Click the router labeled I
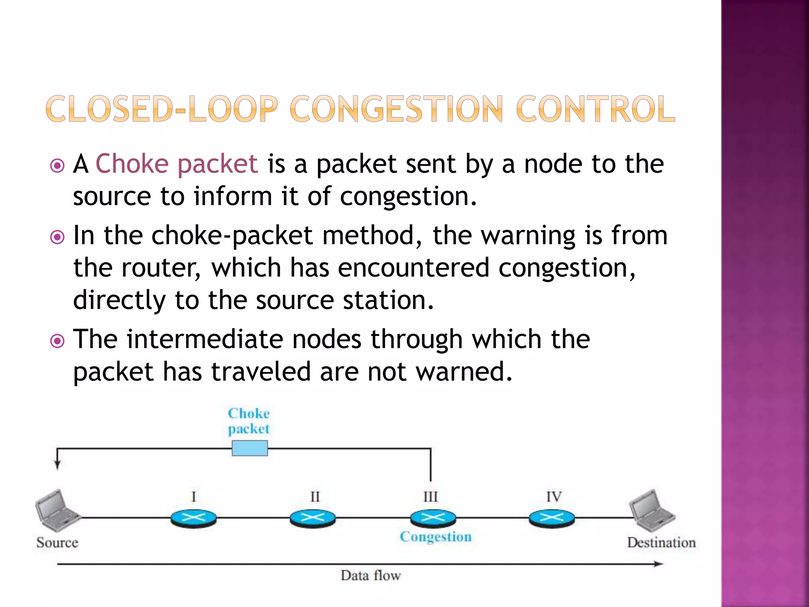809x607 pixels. (194, 518)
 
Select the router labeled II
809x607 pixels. (312, 518)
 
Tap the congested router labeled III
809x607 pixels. (433, 518)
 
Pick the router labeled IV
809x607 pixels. (552, 518)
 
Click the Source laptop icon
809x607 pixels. (57, 511)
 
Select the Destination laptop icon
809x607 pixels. (652, 511)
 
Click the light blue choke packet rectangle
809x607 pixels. (250, 448)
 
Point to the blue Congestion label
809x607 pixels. (436, 537)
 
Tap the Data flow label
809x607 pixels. (371, 575)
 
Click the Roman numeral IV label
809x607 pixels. (554, 497)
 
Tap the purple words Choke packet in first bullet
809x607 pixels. (177, 164)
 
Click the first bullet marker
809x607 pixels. (58, 166)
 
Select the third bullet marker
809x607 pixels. (58, 341)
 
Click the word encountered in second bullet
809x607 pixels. (413, 268)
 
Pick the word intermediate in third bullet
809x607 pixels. (205, 339)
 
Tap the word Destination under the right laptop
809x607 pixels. (661, 543)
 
